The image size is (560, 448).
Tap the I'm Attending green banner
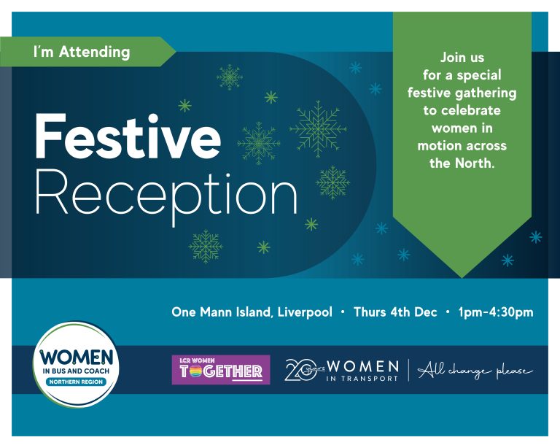coord(82,52)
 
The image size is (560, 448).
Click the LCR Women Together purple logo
coord(220,369)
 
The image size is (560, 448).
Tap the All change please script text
coord(475,371)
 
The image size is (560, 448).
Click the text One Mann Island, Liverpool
coord(252,312)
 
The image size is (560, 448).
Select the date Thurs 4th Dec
coord(395,312)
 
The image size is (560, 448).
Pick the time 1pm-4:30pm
coord(496,312)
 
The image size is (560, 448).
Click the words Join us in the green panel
coord(462,57)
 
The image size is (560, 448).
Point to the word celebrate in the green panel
coord(462,110)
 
